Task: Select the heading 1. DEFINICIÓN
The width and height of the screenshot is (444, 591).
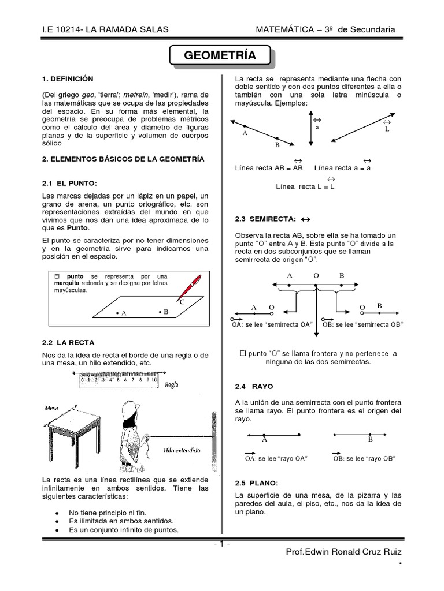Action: [68, 78]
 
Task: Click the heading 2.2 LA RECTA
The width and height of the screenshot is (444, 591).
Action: [64, 342]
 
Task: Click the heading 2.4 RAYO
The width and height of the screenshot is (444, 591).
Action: [254, 386]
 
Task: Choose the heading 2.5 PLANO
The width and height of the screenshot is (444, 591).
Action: [257, 482]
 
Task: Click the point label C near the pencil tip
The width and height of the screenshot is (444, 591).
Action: [182, 302]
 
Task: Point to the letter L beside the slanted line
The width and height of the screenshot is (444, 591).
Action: [387, 130]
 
